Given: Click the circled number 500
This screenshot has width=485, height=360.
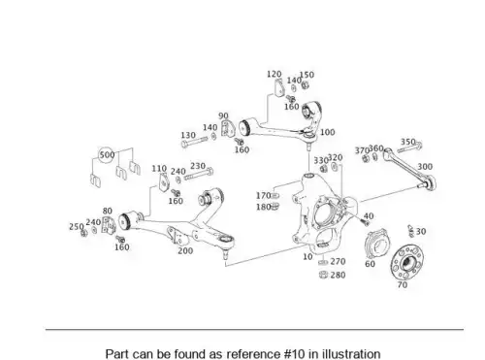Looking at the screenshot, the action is [x=107, y=155].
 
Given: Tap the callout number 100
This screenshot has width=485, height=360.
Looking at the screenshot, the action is [x=328, y=132].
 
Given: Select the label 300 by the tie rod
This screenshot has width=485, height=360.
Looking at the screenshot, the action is [x=425, y=167].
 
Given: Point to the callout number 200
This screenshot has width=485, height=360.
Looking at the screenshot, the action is [x=185, y=250].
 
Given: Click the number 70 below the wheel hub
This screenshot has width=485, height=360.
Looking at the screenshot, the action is [x=403, y=285].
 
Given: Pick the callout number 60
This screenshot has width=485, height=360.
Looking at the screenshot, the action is [x=370, y=264].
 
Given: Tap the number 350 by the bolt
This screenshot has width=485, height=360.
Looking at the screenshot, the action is [x=408, y=142].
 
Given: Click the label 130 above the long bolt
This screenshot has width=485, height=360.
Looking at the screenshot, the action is [x=188, y=135].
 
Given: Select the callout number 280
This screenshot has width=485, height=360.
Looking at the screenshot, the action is [x=338, y=275].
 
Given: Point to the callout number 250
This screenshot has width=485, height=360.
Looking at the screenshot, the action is [x=77, y=227].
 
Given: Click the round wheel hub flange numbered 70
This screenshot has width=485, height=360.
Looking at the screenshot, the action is [x=406, y=262].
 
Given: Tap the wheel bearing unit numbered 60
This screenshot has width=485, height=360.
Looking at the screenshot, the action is [x=376, y=244].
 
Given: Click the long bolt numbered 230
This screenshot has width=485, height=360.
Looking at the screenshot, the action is [x=199, y=175].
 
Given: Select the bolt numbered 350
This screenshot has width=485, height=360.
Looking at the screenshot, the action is [x=409, y=147].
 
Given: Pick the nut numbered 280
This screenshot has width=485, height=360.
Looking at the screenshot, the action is [x=323, y=275].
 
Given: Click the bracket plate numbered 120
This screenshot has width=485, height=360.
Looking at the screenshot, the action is [x=278, y=87].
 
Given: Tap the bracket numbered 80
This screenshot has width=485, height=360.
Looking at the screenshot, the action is [x=109, y=225].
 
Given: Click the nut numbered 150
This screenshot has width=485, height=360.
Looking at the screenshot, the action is [x=305, y=85].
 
